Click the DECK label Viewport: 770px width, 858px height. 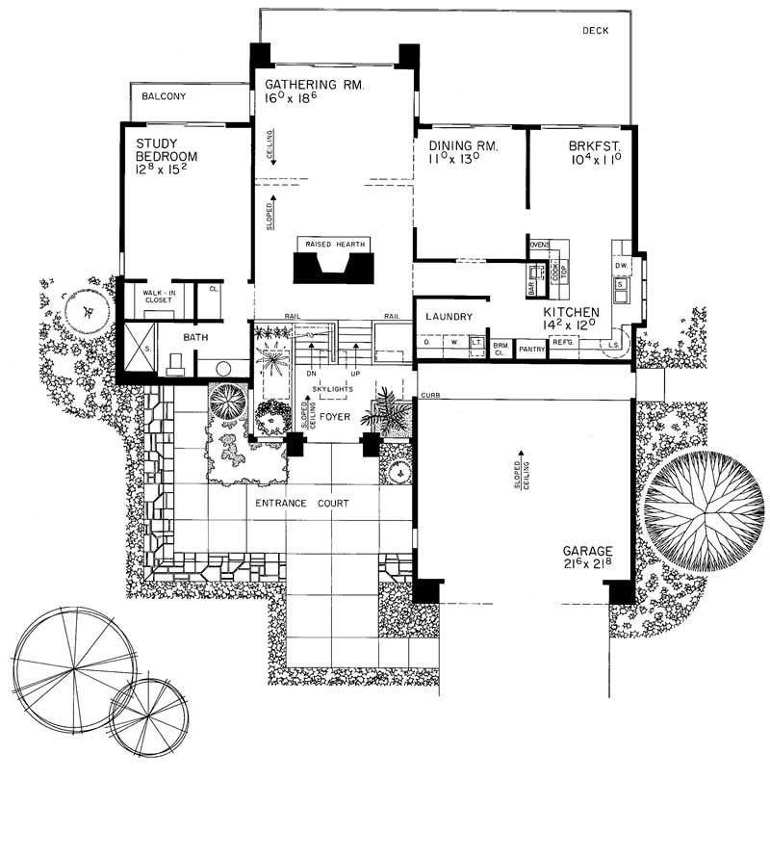click(597, 31)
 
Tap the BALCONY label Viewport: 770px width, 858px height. click(164, 97)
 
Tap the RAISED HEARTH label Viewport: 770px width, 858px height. click(336, 245)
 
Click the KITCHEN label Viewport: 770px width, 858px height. click(572, 313)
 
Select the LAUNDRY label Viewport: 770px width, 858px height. click(448, 316)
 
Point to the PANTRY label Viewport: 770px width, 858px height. click(531, 350)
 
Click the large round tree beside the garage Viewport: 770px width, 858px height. click(700, 507)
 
